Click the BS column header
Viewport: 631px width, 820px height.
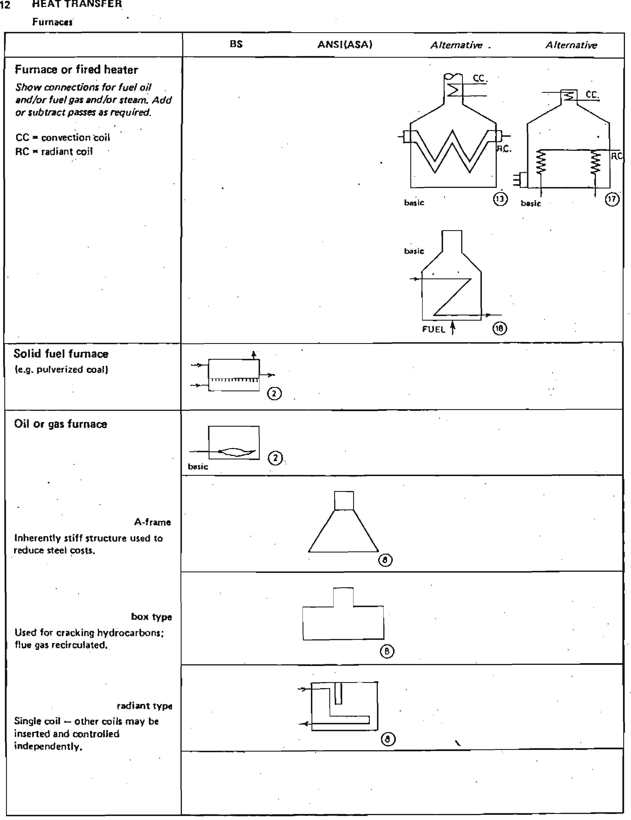(236, 44)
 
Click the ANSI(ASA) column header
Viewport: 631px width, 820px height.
(345, 45)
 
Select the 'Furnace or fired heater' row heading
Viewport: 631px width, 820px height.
(76, 70)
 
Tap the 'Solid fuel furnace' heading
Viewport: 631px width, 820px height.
(61, 354)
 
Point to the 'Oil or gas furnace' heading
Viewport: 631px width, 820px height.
(60, 424)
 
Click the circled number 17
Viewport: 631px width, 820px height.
(612, 199)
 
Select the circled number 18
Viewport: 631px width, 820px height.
(499, 328)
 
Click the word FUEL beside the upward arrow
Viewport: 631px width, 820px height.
(433, 329)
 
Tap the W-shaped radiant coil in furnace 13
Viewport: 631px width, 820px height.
(453, 152)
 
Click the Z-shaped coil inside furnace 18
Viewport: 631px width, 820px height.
(453, 297)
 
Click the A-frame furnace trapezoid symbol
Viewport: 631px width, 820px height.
(344, 533)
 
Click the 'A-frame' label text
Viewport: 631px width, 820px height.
(153, 522)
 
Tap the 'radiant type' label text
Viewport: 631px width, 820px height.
(145, 706)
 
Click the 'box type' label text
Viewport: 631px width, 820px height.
(151, 617)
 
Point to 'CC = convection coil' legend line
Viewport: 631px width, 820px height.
(63, 137)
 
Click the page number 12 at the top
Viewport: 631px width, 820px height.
(5, 5)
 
